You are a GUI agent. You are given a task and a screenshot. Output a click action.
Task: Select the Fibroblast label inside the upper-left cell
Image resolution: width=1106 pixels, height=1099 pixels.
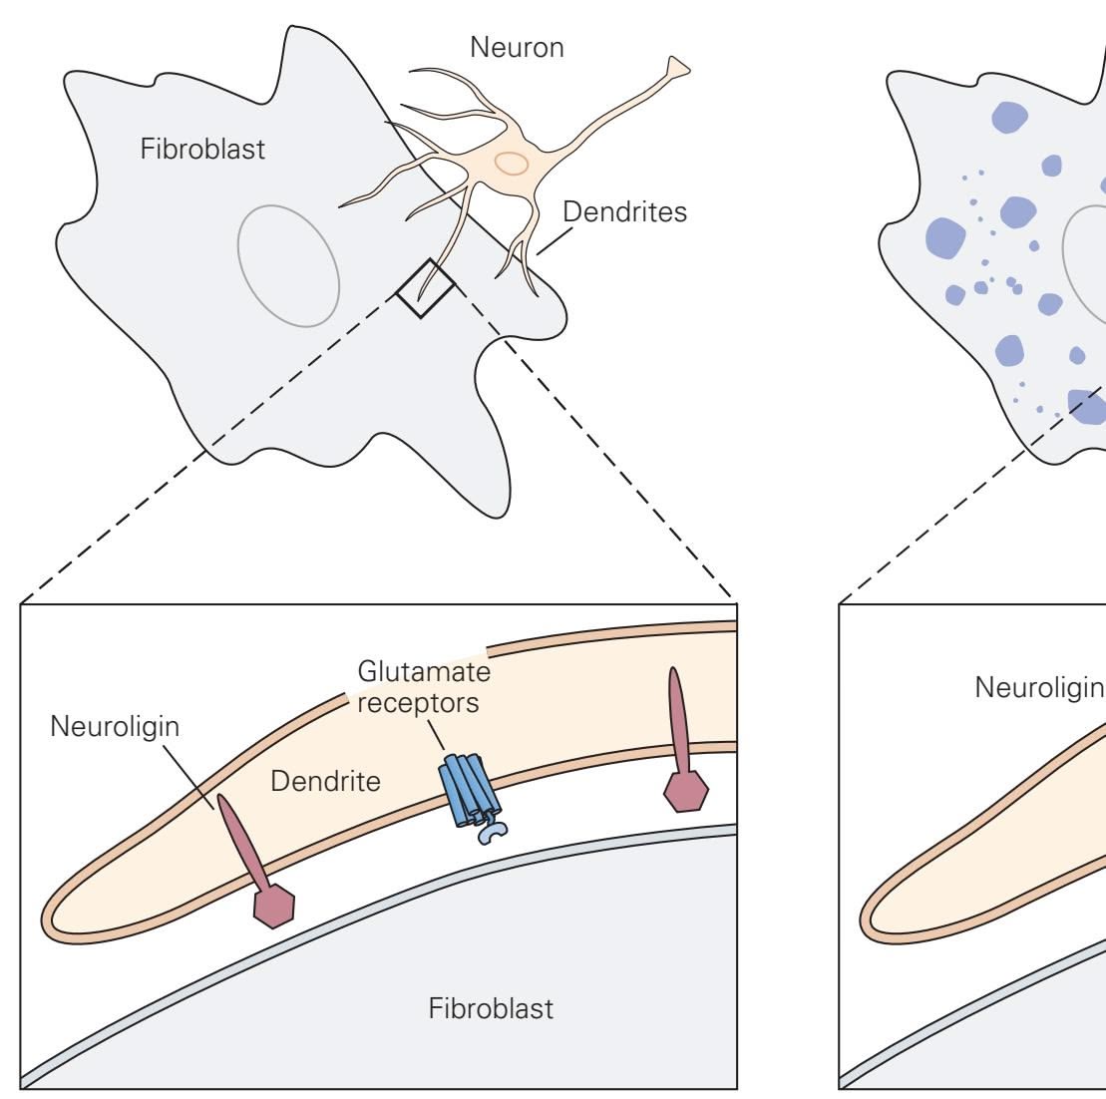click(x=202, y=152)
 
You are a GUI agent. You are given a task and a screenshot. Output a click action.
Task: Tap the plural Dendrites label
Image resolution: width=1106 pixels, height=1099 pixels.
click(x=624, y=212)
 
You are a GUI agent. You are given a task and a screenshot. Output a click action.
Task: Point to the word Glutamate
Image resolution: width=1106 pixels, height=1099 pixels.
click(x=424, y=674)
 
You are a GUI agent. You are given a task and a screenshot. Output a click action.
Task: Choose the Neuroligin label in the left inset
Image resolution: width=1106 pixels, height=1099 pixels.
click(x=116, y=726)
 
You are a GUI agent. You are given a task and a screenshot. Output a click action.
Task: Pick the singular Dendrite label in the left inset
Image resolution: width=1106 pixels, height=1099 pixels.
click(x=325, y=781)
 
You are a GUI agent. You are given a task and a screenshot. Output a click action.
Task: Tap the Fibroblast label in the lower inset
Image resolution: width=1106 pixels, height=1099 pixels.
click(x=491, y=1009)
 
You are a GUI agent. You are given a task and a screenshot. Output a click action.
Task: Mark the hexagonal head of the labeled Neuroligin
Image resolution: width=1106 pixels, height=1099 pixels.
click(x=274, y=905)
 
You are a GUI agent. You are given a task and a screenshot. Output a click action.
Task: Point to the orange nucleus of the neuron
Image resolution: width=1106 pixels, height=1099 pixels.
click(x=512, y=163)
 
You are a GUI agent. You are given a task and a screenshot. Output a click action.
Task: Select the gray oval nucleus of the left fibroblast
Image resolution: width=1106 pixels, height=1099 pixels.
click(x=288, y=265)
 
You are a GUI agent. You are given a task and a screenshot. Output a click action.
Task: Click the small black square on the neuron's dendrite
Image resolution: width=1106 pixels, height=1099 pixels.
click(x=426, y=288)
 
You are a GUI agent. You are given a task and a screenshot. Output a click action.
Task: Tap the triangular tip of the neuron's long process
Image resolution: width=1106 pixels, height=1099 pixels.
click(x=678, y=67)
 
